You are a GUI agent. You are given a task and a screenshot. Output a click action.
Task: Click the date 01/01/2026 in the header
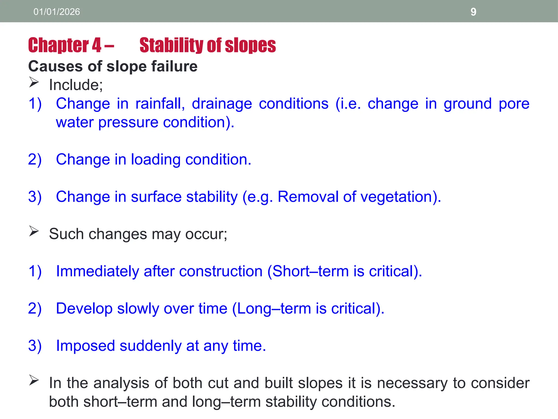click(x=57, y=12)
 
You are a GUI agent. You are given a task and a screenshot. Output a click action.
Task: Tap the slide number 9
click(x=473, y=12)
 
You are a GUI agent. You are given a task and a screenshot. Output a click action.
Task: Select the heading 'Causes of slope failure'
click(x=113, y=66)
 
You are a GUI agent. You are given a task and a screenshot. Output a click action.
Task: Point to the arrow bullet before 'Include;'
click(x=34, y=82)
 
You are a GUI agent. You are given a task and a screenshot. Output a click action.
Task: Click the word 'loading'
click(x=156, y=160)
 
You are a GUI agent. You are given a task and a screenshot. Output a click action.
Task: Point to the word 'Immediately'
click(x=97, y=271)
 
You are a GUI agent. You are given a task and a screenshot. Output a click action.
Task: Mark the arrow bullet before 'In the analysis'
click(x=34, y=380)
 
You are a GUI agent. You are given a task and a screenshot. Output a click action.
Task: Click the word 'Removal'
click(x=308, y=197)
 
